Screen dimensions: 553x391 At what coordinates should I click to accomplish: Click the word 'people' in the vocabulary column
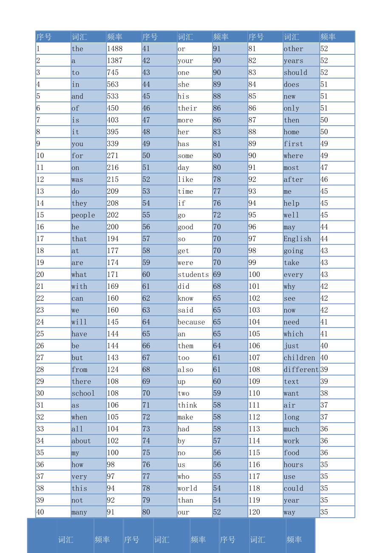coord(83,215)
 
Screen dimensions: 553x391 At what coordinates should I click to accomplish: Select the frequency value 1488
coord(114,49)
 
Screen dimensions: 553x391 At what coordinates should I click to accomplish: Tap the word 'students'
coord(193,275)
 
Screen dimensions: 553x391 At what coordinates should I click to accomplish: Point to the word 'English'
coord(297,239)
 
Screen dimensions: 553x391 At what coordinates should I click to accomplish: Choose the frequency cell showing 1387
coord(114,61)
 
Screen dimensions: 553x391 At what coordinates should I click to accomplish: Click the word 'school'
coord(83,394)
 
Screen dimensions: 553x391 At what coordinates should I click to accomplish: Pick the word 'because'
coord(191,322)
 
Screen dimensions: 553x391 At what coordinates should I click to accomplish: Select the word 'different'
coord(301,370)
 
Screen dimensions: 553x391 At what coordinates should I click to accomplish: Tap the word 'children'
coord(299,358)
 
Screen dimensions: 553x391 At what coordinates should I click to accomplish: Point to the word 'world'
coord(187,488)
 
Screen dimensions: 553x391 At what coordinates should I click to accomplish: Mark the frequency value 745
coord(113,73)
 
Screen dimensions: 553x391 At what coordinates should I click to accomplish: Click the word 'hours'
coord(293,465)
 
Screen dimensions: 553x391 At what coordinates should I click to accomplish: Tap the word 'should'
coord(295,73)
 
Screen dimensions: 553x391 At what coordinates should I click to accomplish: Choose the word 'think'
coord(187,406)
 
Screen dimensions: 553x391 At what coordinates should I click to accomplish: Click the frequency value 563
coord(113,85)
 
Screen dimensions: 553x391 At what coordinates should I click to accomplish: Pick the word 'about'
coord(81,441)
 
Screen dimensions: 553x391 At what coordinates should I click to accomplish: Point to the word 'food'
coord(291,453)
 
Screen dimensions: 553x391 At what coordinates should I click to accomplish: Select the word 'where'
coord(293,156)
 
